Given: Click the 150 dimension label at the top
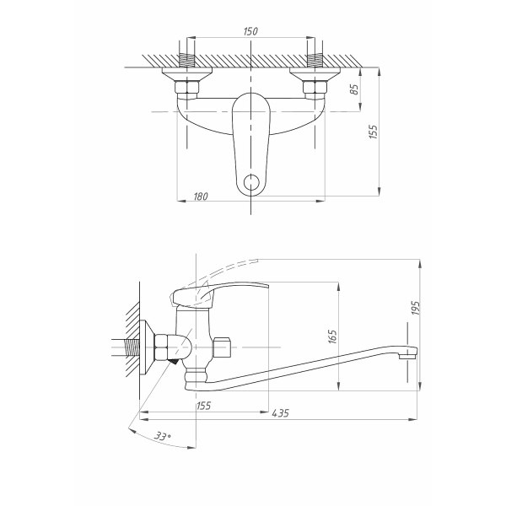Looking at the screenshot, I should (x=250, y=31).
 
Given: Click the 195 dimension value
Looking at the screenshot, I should (x=415, y=310).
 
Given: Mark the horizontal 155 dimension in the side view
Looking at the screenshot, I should (x=202, y=406).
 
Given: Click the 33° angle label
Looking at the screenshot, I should (x=163, y=438).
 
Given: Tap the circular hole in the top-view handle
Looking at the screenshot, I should (x=250, y=181).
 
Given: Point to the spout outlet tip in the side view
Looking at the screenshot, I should (x=407, y=355).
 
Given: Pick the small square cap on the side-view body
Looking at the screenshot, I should (x=223, y=347).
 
